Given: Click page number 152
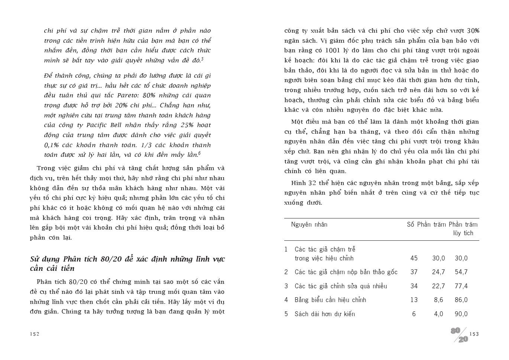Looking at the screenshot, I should [35, 334].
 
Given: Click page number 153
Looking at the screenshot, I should [474, 334].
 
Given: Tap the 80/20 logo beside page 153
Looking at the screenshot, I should [459, 335].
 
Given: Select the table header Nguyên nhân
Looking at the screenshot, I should [309, 224].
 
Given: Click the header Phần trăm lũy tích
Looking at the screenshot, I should [463, 229].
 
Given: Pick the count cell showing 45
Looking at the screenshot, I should [414, 258].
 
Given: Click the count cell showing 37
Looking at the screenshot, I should [414, 272].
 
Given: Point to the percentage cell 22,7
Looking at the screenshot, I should [438, 286].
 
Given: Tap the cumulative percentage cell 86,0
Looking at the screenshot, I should [461, 300].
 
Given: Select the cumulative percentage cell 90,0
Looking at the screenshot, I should [461, 314].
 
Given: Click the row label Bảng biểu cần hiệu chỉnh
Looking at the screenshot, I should [330, 300].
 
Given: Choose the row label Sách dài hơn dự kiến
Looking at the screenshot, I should [325, 314].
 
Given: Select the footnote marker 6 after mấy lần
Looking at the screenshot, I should [199, 153].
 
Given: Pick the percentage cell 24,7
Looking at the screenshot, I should [438, 272].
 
